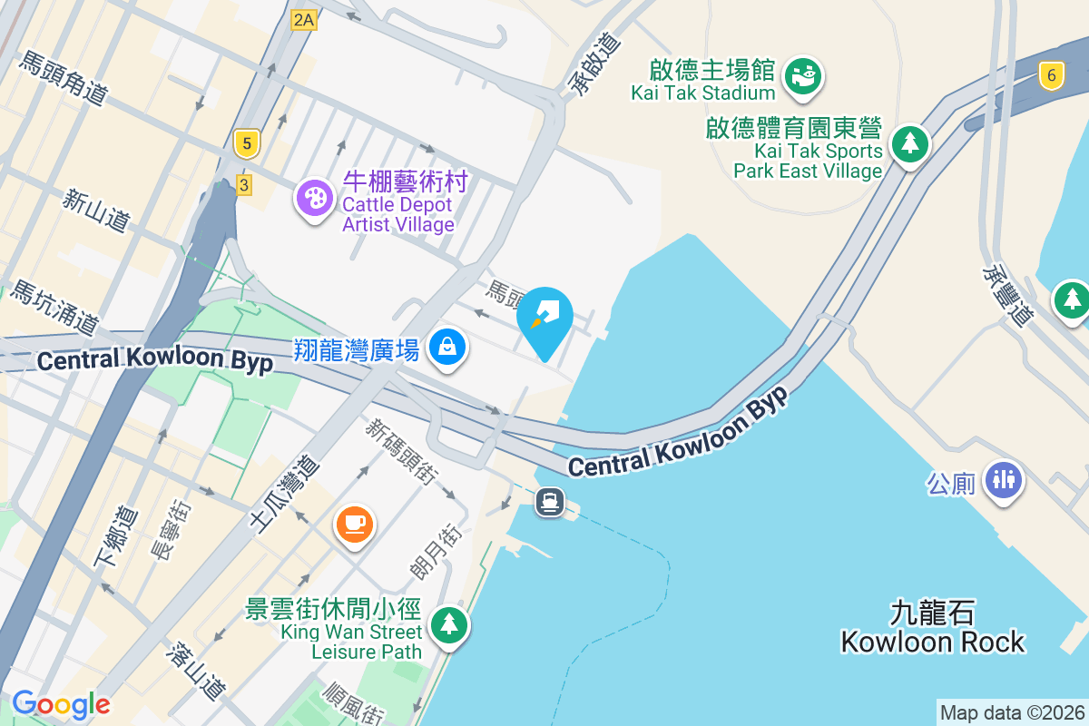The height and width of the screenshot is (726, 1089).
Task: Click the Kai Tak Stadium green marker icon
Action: (x=803, y=74)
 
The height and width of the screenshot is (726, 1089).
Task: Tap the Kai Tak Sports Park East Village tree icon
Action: (x=909, y=143)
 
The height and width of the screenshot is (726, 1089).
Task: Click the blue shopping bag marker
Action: (x=446, y=346)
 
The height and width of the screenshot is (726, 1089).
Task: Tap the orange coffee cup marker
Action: (x=354, y=523)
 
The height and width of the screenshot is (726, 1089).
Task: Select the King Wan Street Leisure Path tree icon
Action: (x=448, y=623)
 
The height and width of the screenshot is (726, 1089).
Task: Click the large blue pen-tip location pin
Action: (x=544, y=318)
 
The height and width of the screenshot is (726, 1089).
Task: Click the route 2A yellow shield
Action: (x=303, y=20)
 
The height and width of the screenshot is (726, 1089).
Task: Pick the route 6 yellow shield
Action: (x=1051, y=76)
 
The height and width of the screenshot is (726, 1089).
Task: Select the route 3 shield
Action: (x=243, y=185)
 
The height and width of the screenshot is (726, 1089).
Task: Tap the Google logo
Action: (x=61, y=704)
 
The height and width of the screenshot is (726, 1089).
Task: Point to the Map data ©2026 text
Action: (x=1011, y=712)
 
